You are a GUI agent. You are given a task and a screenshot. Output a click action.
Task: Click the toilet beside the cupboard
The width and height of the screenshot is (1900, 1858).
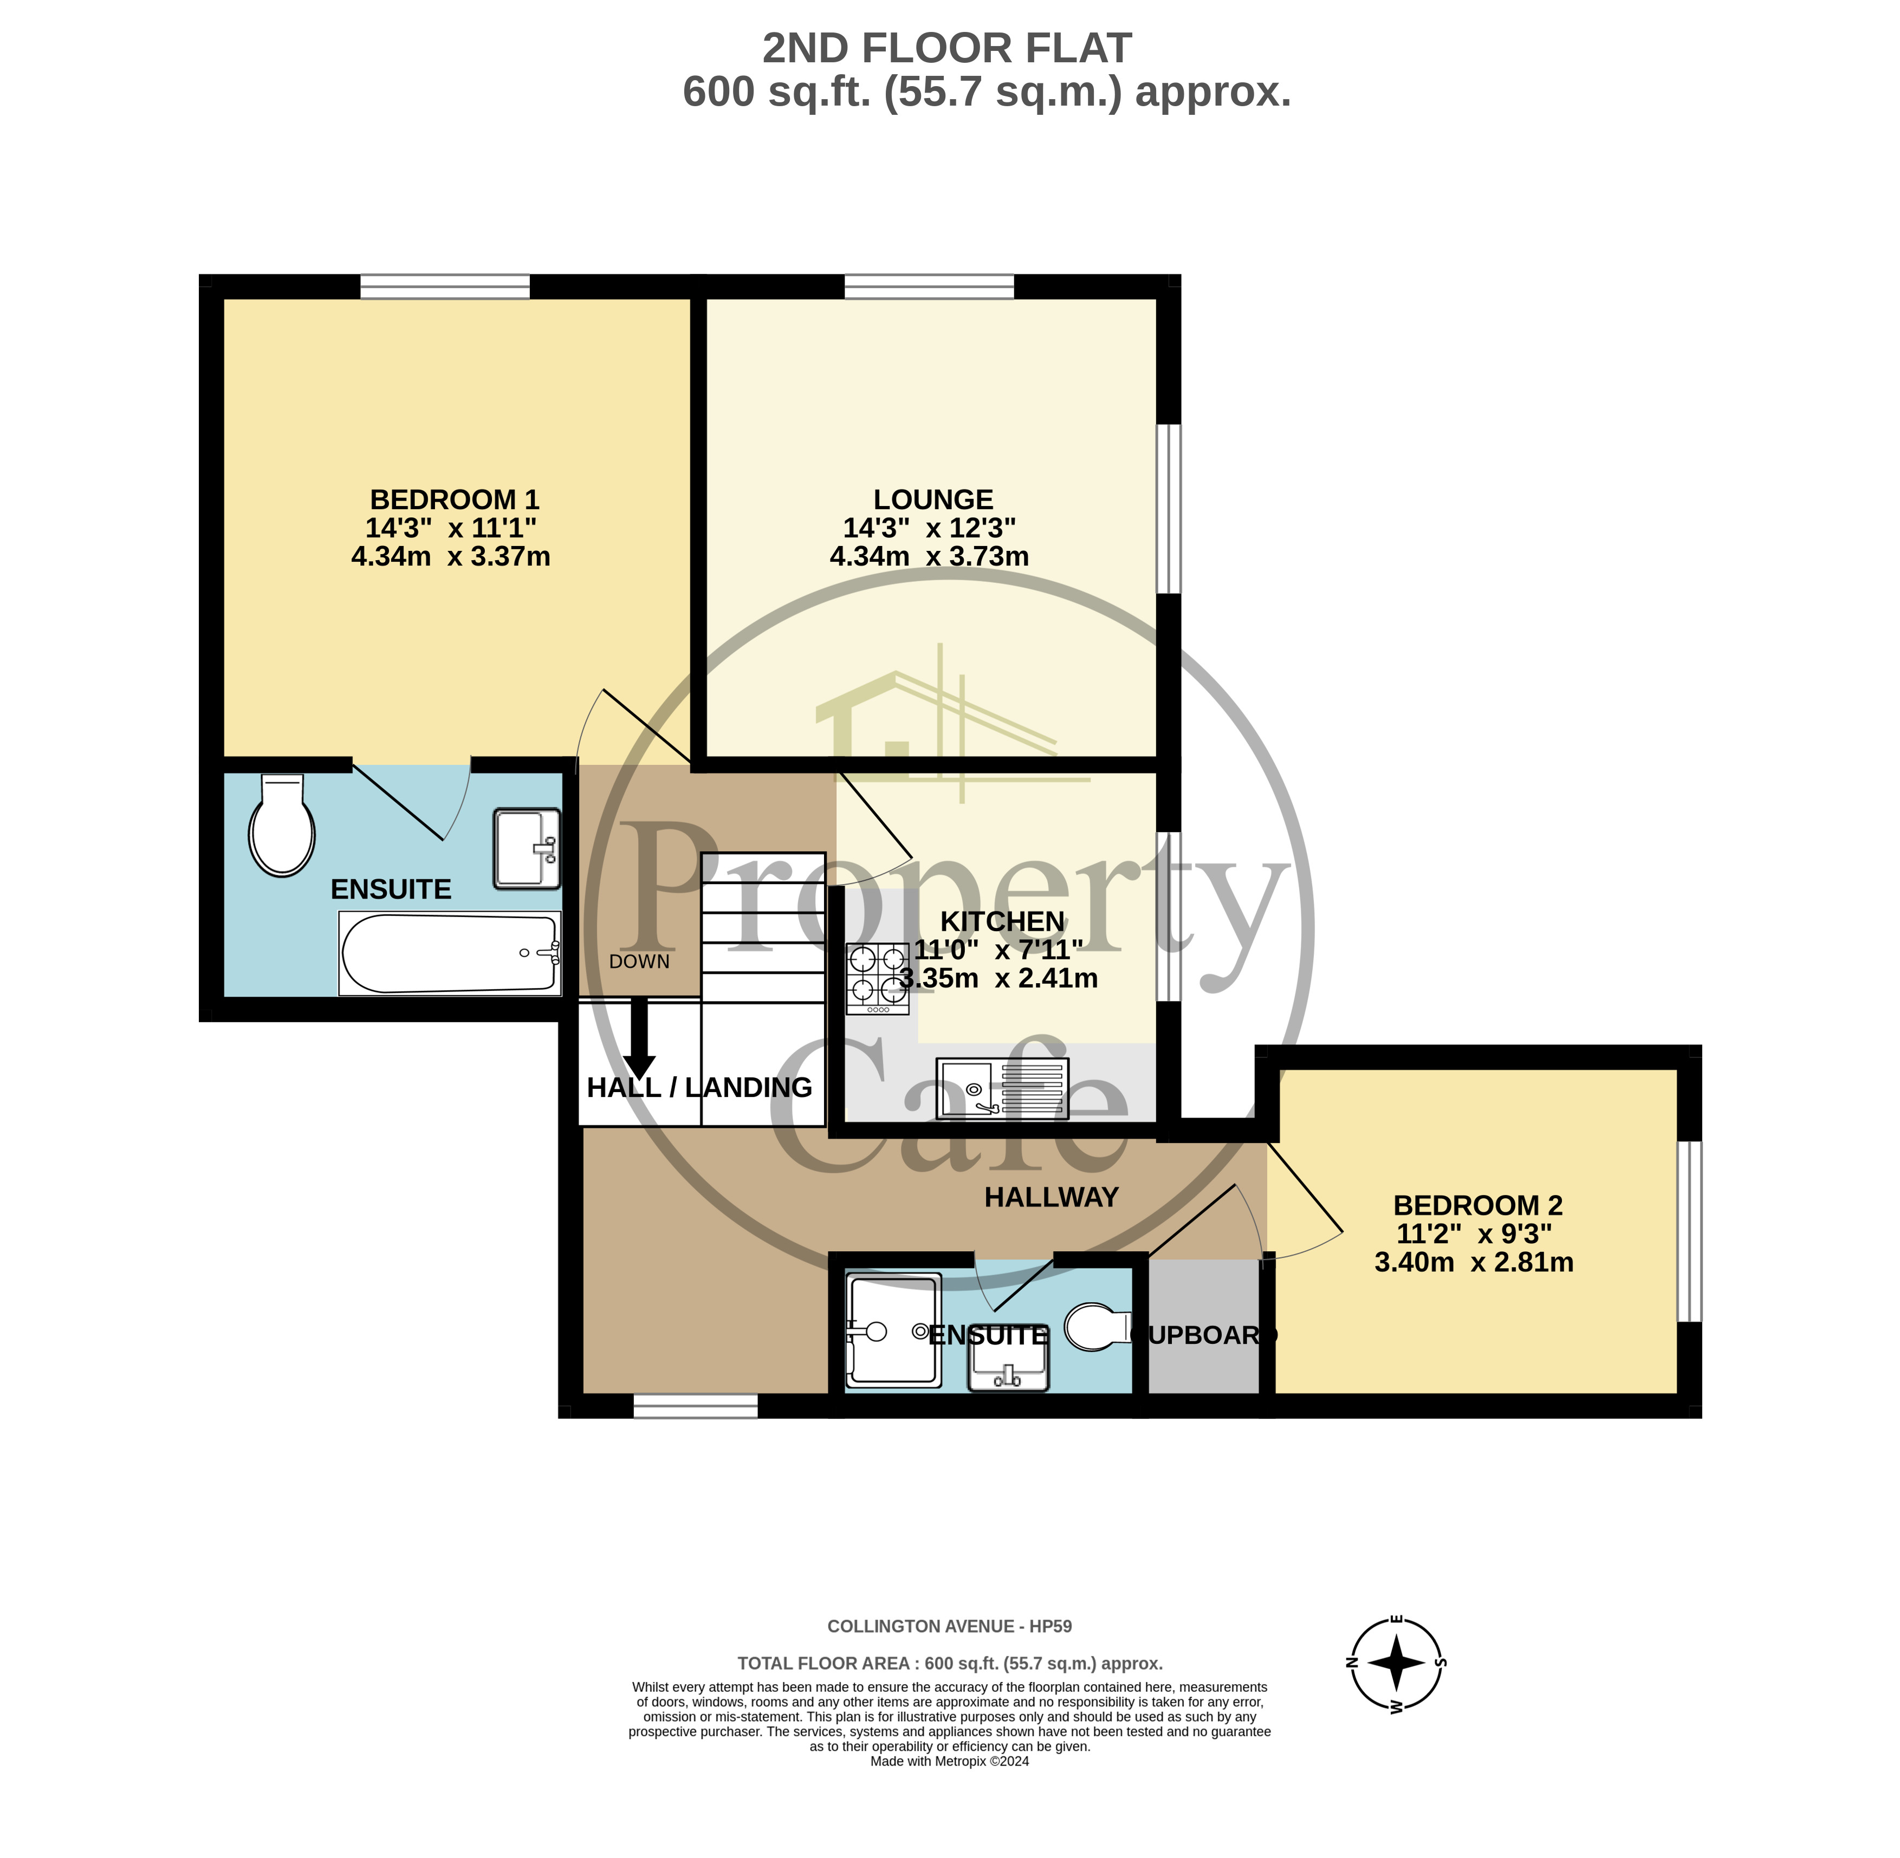(1097, 1327)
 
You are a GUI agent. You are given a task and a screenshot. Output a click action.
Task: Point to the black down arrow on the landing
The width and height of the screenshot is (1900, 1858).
(640, 1037)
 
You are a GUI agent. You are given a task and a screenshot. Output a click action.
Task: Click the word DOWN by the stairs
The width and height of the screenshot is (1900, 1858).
(639, 961)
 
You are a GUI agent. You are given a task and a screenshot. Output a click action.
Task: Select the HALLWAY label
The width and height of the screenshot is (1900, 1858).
(1051, 1197)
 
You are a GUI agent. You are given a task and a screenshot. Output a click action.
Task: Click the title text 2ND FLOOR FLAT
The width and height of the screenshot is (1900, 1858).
(946, 48)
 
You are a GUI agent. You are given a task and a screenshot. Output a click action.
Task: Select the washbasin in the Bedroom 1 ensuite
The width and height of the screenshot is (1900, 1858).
(527, 848)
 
